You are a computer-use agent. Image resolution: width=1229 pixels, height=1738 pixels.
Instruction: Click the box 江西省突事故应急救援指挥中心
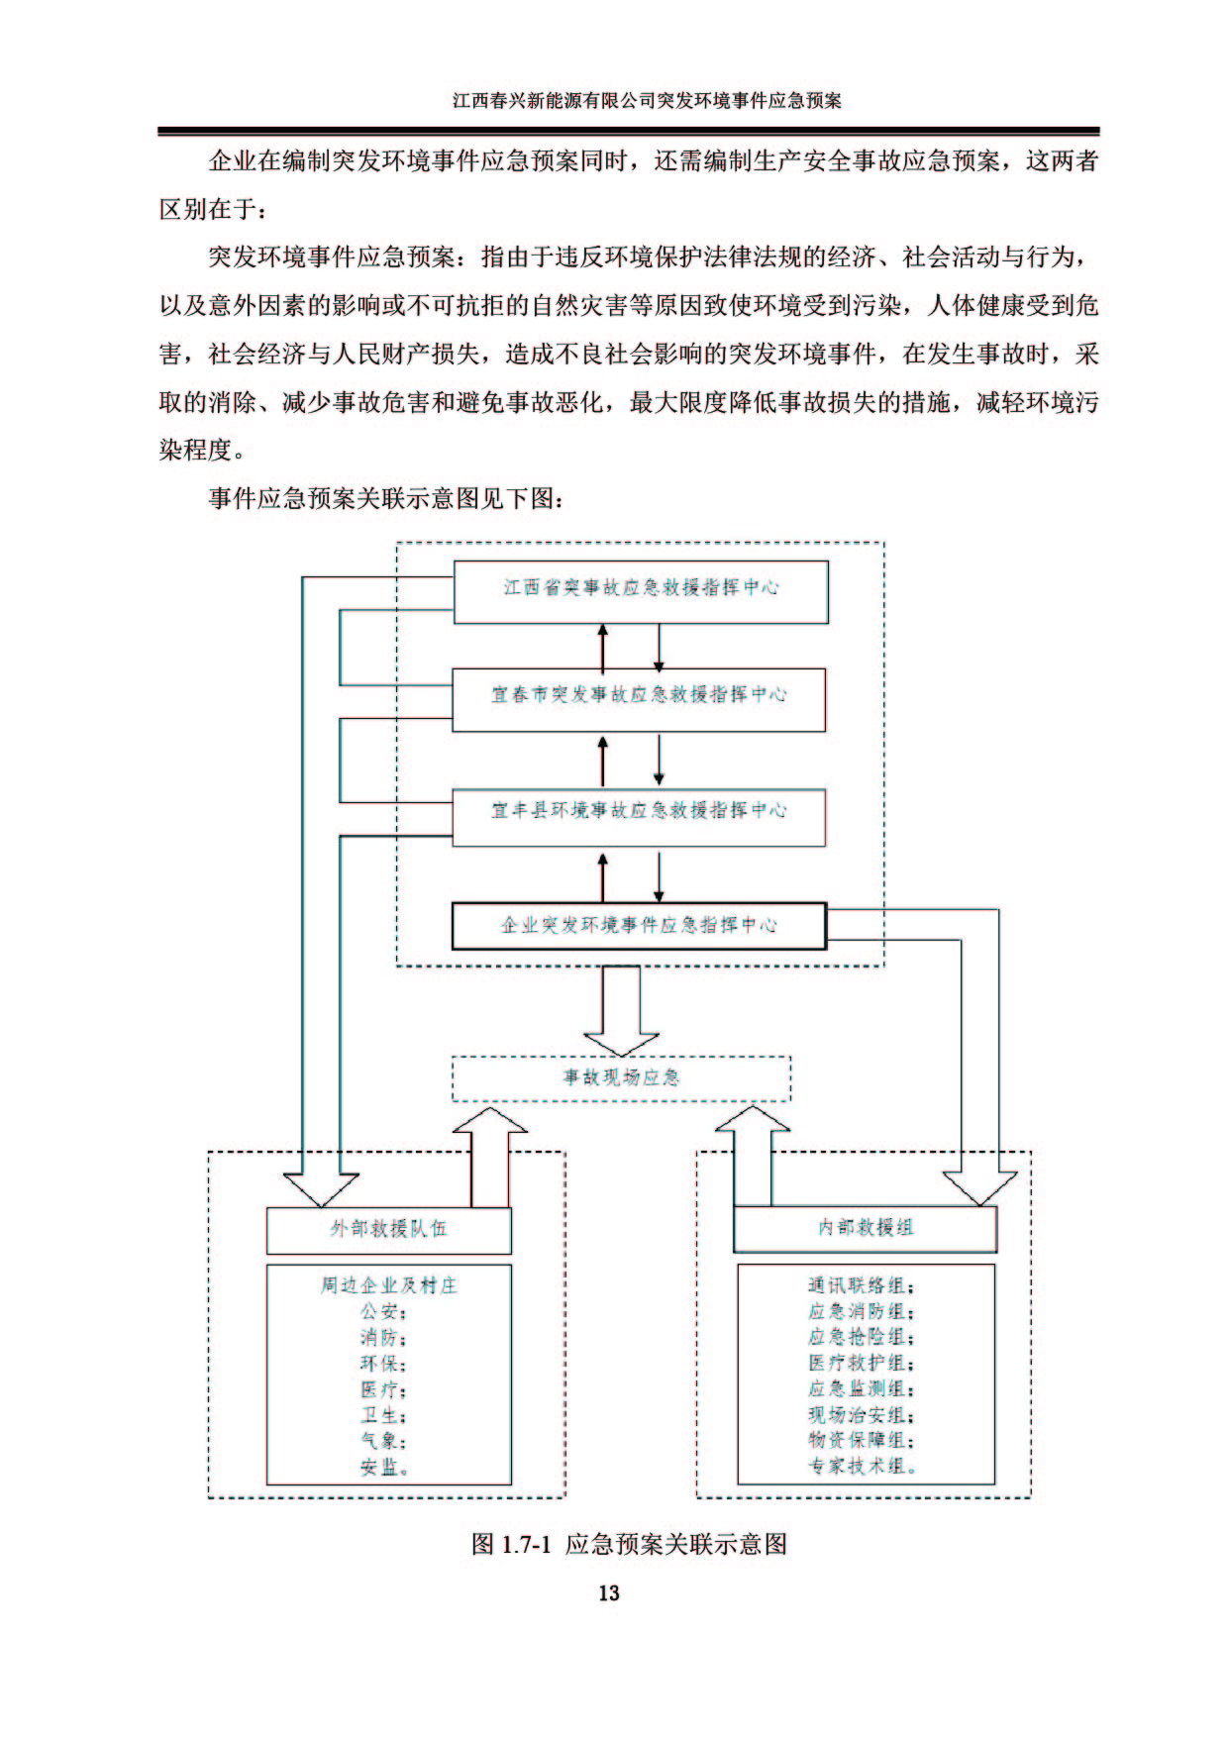coord(641,592)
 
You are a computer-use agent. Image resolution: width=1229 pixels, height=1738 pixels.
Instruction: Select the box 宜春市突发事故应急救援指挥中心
coord(639,700)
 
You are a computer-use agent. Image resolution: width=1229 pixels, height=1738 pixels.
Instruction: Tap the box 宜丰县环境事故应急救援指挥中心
coord(639,817)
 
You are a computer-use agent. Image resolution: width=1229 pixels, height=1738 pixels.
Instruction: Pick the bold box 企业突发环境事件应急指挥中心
coord(639,926)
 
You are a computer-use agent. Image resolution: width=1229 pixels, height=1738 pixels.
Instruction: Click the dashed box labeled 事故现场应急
coord(621,1078)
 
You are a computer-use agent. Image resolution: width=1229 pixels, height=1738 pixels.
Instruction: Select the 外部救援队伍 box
coord(388,1230)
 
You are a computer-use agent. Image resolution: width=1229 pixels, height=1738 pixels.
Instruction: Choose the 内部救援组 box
coord(865,1229)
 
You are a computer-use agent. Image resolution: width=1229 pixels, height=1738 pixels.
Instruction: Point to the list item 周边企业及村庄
coord(388,1285)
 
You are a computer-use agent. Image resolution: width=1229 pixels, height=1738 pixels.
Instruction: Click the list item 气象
coord(383,1441)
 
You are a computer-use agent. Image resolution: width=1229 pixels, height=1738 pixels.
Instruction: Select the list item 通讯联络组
coord(861,1285)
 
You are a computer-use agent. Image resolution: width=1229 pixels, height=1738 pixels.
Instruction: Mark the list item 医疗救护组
coord(861,1364)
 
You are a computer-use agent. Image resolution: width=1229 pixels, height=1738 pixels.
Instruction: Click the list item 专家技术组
coord(862,1467)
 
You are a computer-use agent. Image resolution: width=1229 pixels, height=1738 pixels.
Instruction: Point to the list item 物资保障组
coord(861,1441)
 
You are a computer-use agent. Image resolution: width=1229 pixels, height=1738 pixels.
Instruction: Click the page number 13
coord(608,1592)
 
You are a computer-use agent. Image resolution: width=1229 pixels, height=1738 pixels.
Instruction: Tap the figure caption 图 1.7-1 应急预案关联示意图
coord(630,1543)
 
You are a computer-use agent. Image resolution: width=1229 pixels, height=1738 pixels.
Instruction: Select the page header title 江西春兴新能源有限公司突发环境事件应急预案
coord(647,100)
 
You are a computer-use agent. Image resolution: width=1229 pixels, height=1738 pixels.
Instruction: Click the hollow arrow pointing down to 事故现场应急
coord(621,1011)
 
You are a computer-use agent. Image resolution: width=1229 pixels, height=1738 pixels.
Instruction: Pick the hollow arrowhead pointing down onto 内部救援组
coord(979,1188)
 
